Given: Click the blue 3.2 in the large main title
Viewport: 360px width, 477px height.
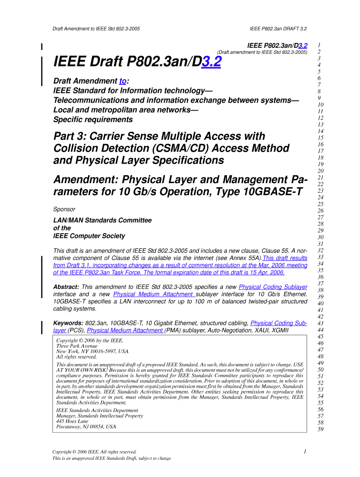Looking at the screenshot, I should [211, 62].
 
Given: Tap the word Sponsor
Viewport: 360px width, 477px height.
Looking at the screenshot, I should [64, 209].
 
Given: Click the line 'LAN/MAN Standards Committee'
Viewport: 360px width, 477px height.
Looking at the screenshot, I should [103, 220].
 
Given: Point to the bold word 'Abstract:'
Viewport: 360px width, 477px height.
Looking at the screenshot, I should [66, 287].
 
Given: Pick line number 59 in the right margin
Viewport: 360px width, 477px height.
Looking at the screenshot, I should [320, 429].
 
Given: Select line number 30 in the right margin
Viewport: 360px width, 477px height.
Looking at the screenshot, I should [320, 237].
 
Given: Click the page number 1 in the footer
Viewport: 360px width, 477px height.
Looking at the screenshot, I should [304, 451].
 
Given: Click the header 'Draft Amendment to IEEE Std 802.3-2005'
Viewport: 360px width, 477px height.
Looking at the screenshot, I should [96, 29].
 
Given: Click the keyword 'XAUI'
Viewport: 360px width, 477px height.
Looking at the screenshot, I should [254, 330].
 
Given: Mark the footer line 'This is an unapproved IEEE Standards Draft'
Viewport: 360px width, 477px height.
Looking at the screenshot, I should [112, 458].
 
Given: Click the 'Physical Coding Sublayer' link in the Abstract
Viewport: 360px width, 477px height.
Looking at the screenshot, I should [273, 287].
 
